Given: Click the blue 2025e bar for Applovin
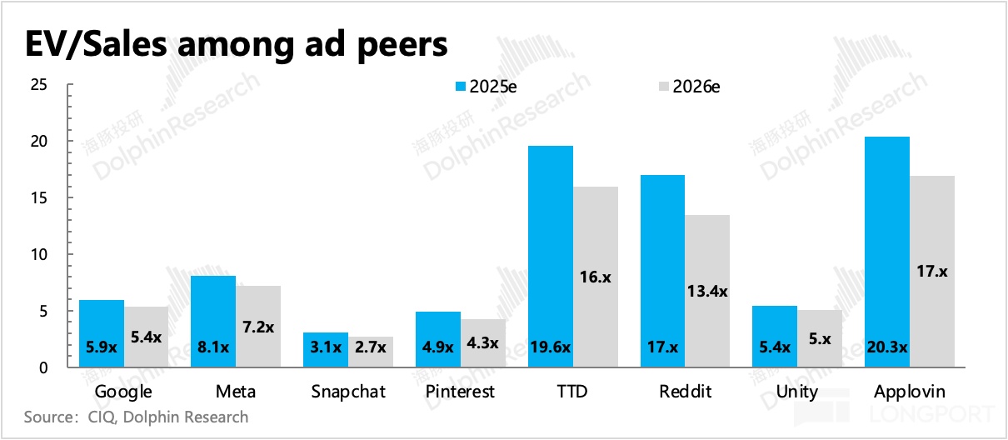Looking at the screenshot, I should coord(887,250).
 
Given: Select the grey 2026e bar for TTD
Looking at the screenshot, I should coord(596,275).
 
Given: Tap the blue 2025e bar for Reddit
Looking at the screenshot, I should coord(662,271).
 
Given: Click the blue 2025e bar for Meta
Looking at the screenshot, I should coord(213,321).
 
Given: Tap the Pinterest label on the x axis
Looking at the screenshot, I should coord(460,392).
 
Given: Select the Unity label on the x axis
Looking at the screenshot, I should coord(797,392).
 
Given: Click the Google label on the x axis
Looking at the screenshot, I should coord(124,392).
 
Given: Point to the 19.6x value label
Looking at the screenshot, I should coord(550,347).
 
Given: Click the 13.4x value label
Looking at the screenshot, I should coord(707,292).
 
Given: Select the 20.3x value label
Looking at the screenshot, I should coord(887,347).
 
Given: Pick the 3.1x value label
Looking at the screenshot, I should coord(326,347).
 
